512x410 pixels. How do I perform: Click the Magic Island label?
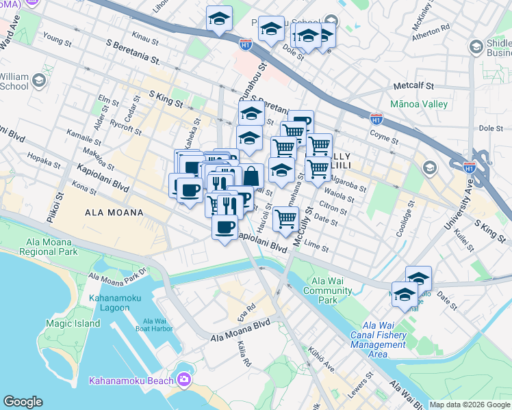[x=68, y=323]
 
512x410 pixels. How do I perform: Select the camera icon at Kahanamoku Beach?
[x=184, y=380]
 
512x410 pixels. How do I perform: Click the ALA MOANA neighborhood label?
[x=114, y=213]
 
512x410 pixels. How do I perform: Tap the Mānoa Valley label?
[x=418, y=105]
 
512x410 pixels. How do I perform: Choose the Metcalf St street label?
[x=415, y=87]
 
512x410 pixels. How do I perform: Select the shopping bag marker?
[x=252, y=176]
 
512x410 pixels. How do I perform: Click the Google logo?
[x=23, y=402]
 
